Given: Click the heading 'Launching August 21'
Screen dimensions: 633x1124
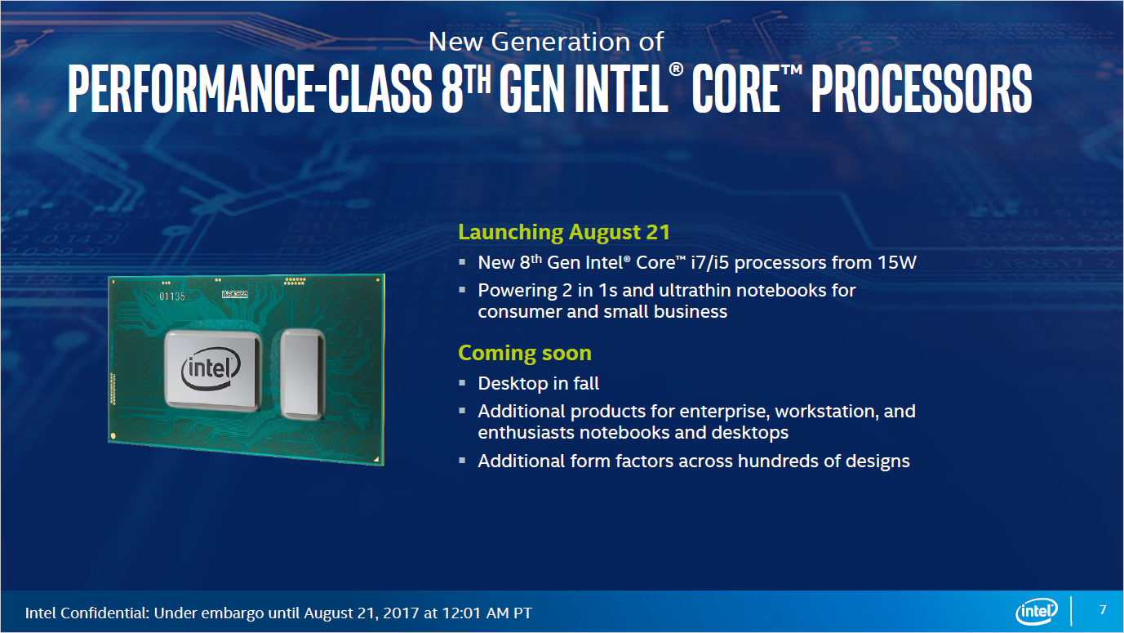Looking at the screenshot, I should click(x=564, y=232).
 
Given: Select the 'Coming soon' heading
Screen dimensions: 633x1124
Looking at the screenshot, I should click(x=524, y=353).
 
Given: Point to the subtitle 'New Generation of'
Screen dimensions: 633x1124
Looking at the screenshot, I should click(x=545, y=41).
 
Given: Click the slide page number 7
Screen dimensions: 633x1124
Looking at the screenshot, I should click(x=1103, y=610).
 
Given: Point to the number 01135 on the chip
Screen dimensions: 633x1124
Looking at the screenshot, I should click(x=172, y=296).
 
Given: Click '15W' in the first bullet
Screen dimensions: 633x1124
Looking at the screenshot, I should click(x=904, y=263).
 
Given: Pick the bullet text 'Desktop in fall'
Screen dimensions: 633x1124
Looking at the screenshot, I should click(x=538, y=383).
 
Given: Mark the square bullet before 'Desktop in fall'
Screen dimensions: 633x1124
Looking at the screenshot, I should click(x=462, y=382).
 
